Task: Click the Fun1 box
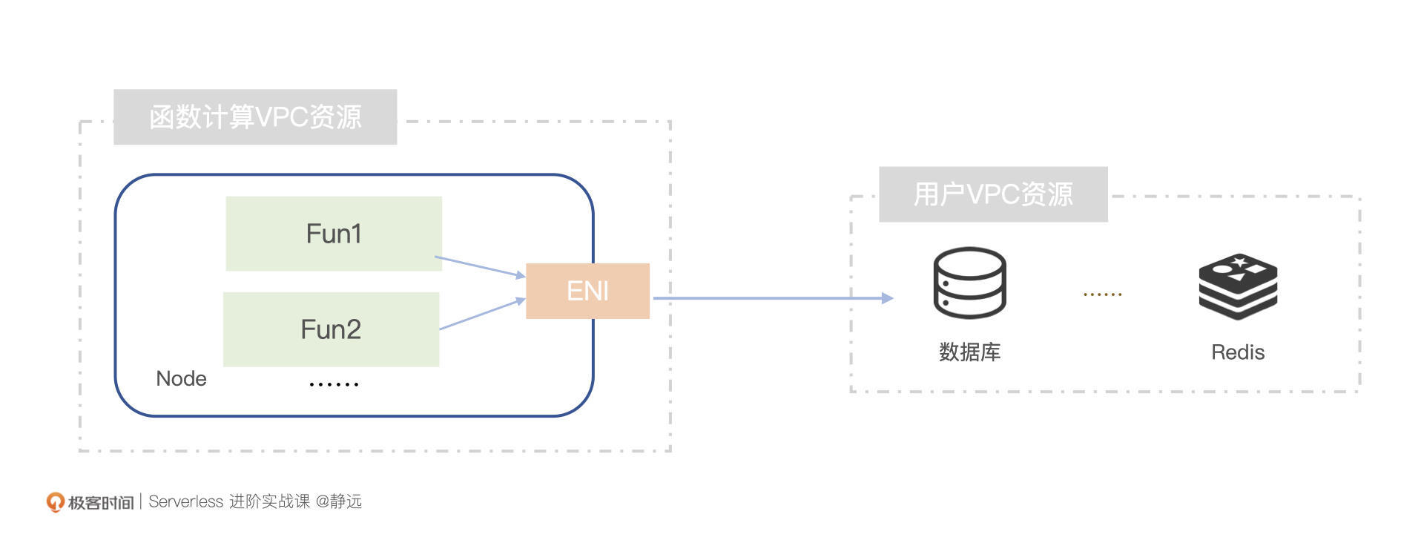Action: click(334, 234)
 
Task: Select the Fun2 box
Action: click(331, 329)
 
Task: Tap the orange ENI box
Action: click(587, 291)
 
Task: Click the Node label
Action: click(181, 378)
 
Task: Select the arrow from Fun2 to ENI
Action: click(482, 314)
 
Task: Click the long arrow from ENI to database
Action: click(771, 298)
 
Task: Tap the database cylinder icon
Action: click(969, 283)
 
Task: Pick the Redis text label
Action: click(1238, 352)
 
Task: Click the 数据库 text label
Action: click(969, 352)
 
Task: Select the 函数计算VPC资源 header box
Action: click(255, 117)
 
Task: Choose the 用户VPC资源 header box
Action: click(993, 194)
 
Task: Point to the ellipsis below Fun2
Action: click(334, 384)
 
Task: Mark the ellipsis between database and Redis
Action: click(1102, 294)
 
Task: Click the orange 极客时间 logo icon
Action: click(55, 502)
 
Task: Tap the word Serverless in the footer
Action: click(185, 501)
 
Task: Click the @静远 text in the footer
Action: click(339, 501)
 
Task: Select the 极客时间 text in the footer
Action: click(101, 503)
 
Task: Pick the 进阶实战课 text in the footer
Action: click(269, 501)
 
